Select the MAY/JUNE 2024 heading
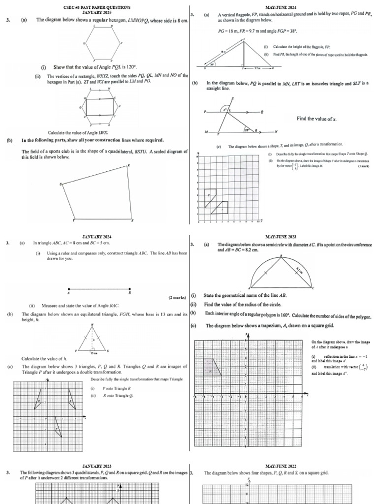tap(281, 7)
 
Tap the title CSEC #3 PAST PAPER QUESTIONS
tap(97, 7)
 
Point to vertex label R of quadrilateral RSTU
tap(128, 165)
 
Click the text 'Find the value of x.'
tap(316, 119)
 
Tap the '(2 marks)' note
tap(177, 298)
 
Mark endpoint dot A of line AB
tap(68, 289)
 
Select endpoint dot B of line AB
tap(130, 289)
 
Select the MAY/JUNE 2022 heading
tap(281, 465)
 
